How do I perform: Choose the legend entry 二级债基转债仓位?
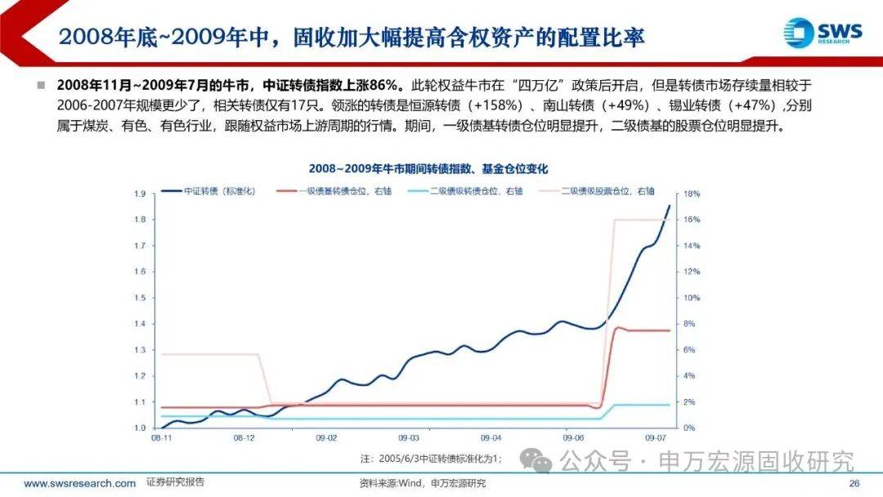pos(477,190)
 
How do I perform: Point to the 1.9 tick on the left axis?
pos(140,194)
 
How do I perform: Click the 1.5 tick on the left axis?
pos(140,298)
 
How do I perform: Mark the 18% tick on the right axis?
pos(691,194)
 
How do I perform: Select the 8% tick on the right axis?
pos(689,324)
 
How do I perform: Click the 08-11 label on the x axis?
pos(161,438)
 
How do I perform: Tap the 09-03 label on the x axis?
pos(408,438)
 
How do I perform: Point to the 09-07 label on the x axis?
pos(656,438)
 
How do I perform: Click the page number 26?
pos(854,484)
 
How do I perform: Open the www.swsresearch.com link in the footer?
pos(80,484)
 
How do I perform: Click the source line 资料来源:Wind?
pos(423,484)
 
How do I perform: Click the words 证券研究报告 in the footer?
pos(175,483)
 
